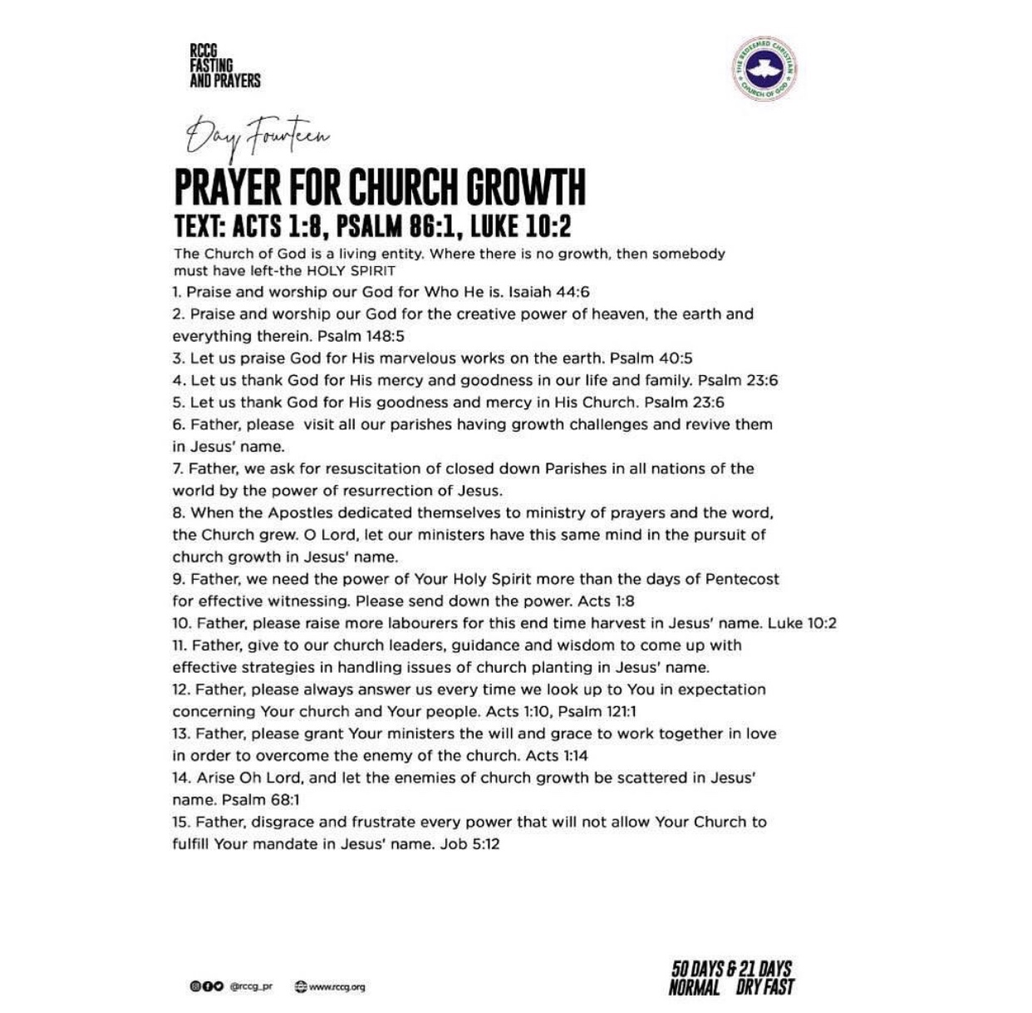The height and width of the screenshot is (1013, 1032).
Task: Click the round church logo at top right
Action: tap(764, 70)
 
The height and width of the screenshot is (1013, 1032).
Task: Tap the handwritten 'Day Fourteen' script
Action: tap(258, 136)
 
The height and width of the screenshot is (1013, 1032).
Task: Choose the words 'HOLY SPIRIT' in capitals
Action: tap(351, 271)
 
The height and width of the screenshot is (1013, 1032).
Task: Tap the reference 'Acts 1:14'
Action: tap(557, 755)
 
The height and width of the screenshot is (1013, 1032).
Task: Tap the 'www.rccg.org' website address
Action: tap(337, 986)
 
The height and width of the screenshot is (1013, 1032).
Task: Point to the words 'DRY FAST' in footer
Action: tap(764, 987)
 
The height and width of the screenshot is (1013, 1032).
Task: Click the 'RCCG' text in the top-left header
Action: tap(204, 51)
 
